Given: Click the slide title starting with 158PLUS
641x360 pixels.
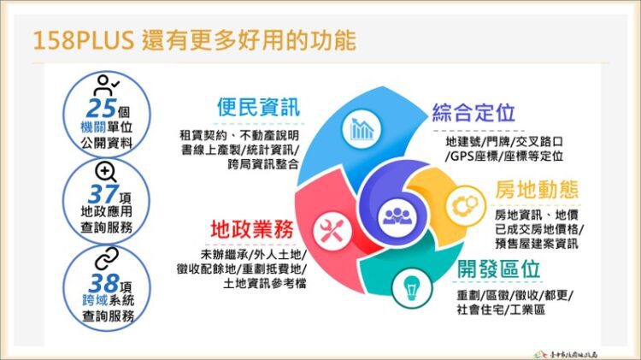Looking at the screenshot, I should (192, 39).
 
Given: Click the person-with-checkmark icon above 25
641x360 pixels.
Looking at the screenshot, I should (106, 85).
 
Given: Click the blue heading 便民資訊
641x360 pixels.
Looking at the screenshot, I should (257, 109).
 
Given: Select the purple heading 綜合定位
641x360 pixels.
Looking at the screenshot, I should (473, 113).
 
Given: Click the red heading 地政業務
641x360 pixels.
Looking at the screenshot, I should (253, 230).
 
